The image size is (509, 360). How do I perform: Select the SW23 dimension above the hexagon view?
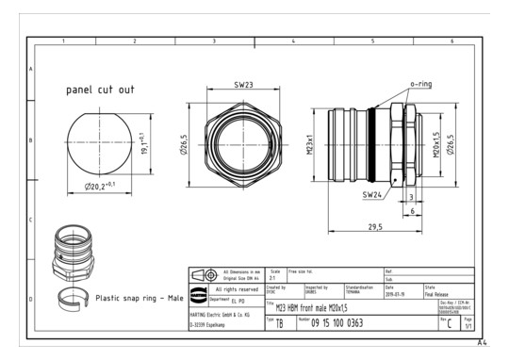click(243, 84)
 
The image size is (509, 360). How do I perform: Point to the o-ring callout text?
click(420, 84)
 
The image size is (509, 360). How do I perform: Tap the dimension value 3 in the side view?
click(412, 197)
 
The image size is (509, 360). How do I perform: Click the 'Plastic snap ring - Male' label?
click(141, 298)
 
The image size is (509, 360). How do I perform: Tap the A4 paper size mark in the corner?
click(483, 344)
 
